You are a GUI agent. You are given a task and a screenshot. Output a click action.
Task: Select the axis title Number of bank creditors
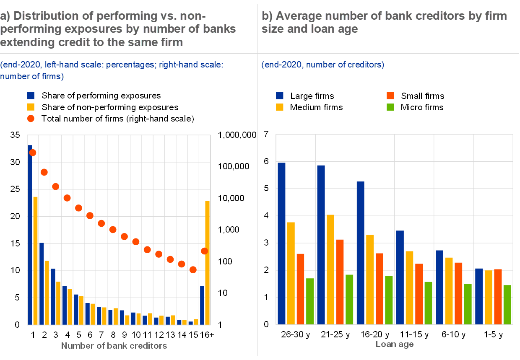(114, 346)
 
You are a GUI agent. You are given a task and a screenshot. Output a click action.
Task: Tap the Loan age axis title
(395, 344)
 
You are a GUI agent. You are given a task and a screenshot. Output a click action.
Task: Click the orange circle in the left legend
(31, 119)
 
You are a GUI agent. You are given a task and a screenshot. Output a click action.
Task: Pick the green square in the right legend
(390, 107)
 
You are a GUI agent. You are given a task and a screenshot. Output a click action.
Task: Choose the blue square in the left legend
(31, 96)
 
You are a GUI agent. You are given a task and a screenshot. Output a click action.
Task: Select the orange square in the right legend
(390, 96)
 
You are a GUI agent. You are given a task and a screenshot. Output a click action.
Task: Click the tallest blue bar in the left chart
(30, 235)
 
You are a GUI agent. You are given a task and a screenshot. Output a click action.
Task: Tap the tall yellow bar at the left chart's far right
(208, 263)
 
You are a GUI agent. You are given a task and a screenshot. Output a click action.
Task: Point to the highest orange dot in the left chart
(32, 153)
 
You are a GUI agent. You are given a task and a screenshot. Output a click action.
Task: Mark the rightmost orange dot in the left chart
(205, 251)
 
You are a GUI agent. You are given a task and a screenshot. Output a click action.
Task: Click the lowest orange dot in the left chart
(193, 269)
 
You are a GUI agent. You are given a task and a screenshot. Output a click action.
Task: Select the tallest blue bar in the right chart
(281, 243)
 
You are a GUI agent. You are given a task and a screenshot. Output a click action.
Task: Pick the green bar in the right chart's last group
(507, 305)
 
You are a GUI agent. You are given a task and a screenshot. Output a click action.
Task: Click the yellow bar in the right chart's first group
(291, 273)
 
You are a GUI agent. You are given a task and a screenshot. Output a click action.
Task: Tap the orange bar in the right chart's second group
(340, 282)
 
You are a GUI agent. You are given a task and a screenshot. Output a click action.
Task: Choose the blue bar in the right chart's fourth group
(400, 277)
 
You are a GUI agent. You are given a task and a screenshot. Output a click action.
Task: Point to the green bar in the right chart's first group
(309, 301)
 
